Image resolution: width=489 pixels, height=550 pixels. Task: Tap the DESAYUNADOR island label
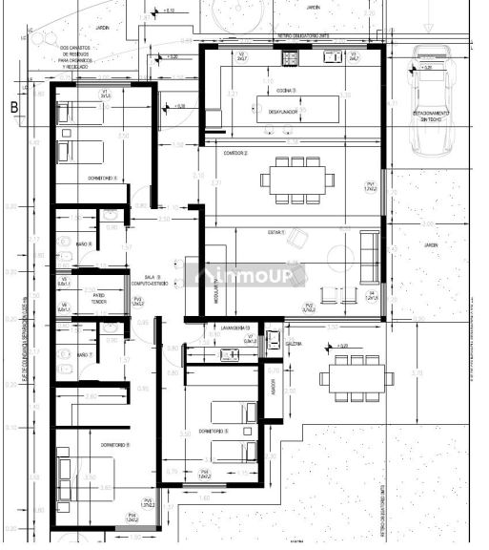282,112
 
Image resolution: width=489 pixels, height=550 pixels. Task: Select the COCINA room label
286,91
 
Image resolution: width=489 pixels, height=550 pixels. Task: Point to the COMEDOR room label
234,152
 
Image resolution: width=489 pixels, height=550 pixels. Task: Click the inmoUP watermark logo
251,276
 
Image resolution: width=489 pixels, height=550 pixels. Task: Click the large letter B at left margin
13,108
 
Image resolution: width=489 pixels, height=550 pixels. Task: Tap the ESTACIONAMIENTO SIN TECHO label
432,116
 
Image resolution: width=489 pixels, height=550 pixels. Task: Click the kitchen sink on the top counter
334,57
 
